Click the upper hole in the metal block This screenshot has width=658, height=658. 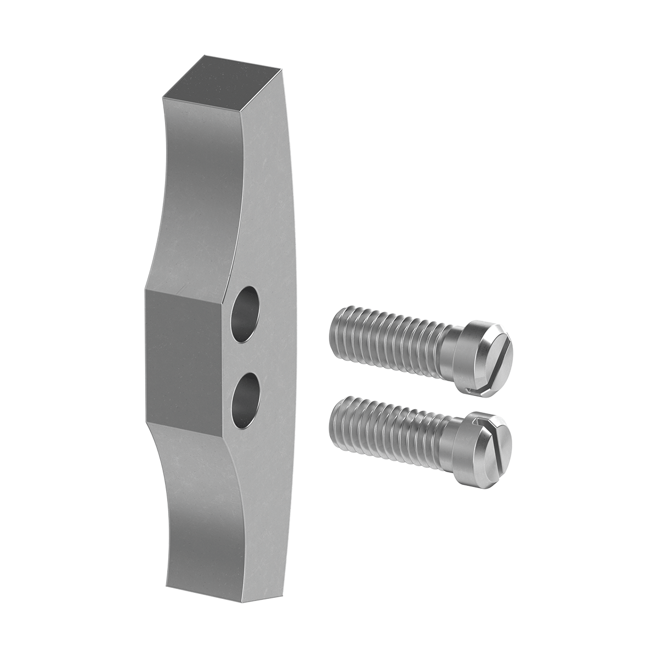(246, 314)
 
